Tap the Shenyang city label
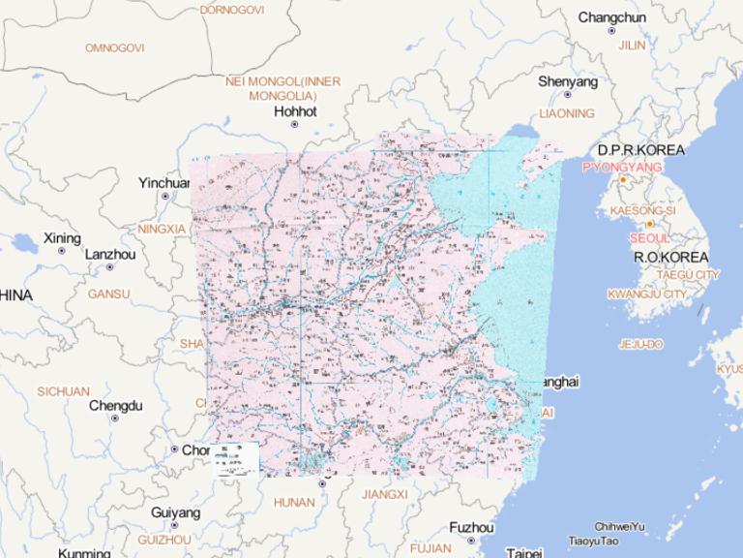coord(568,81)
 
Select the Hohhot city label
coord(296,111)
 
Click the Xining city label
coord(62,238)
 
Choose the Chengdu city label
coord(115,406)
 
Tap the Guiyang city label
coord(175,512)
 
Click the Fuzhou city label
coord(472,528)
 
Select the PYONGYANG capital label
coord(622,168)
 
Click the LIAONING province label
coord(567,113)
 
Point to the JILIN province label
coord(632,46)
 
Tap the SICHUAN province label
coord(63,391)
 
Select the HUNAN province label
coord(294,503)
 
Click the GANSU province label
coord(108,294)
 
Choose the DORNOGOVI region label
coord(231,10)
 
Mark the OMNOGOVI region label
coord(114,47)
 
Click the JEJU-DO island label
coord(640,344)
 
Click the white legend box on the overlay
coord(236,458)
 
